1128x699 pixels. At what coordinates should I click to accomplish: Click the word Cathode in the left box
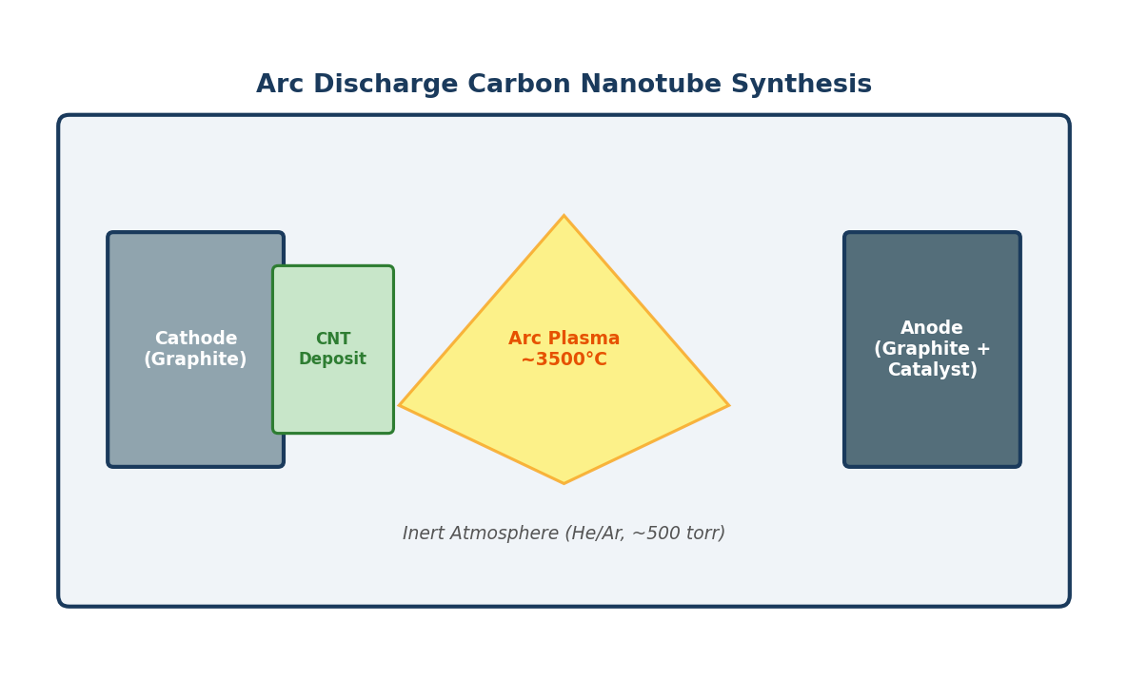(195, 339)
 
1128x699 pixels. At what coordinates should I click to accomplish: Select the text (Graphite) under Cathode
(195, 360)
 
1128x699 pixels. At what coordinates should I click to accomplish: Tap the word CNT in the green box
(332, 340)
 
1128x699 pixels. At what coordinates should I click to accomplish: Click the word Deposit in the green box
(332, 359)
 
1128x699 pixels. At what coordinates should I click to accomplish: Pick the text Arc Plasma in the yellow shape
(564, 339)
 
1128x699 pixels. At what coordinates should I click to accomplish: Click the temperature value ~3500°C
(564, 360)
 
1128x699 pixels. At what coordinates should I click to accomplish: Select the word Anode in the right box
(931, 328)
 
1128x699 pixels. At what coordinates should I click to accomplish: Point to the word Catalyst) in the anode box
(931, 371)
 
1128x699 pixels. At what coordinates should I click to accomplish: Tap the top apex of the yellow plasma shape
(564, 218)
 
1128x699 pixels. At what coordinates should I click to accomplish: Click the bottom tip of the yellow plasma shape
(564, 481)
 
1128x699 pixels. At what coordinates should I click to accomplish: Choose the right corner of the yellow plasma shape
(726, 405)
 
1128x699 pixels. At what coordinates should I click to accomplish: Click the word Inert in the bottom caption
(424, 534)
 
